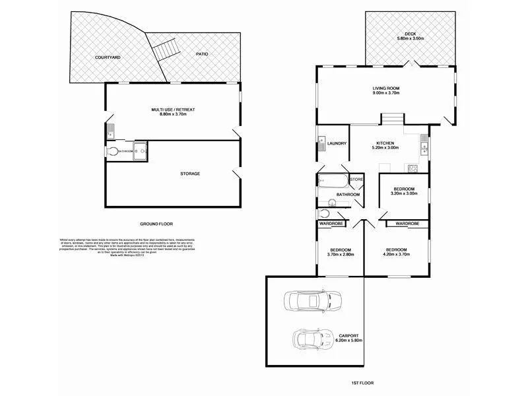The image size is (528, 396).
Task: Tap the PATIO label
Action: [202, 53]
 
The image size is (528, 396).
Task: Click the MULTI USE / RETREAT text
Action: [173, 112]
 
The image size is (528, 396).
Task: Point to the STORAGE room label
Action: [190, 174]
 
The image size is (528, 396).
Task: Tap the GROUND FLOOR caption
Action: [156, 224]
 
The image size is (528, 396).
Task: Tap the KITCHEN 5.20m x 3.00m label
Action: [385, 145]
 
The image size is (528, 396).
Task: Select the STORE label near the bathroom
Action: [356, 179]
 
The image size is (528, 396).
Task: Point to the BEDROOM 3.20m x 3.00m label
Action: [403, 191]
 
